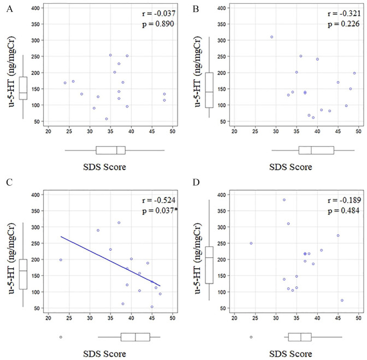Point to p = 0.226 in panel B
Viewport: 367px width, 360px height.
pos(342,25)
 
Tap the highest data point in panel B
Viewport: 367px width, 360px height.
pos(271,37)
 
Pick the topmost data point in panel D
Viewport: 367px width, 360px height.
pos(284,200)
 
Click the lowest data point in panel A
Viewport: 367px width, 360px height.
pos(106,119)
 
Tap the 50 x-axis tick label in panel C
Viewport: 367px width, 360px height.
pos(173,317)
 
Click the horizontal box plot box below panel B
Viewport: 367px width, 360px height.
pos(316,150)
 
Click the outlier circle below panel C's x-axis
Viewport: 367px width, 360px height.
pos(61,337)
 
